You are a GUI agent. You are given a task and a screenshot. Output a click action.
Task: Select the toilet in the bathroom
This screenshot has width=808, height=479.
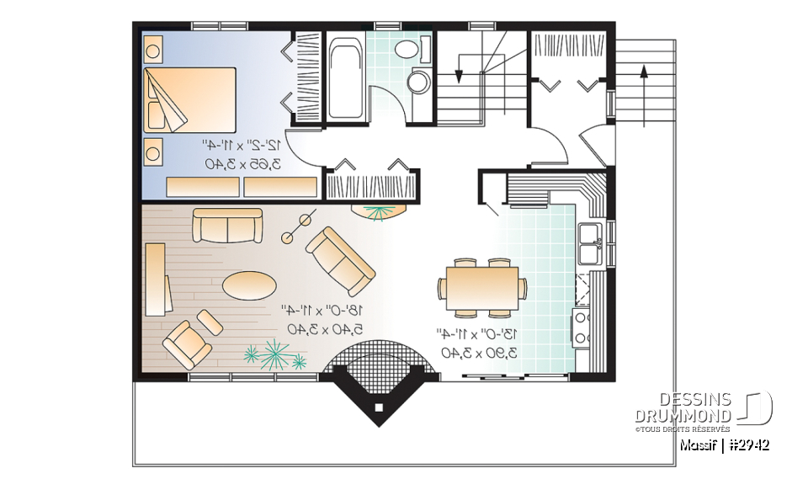click(417, 82)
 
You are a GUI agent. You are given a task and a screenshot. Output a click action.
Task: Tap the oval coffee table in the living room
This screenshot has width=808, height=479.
click(250, 284)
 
